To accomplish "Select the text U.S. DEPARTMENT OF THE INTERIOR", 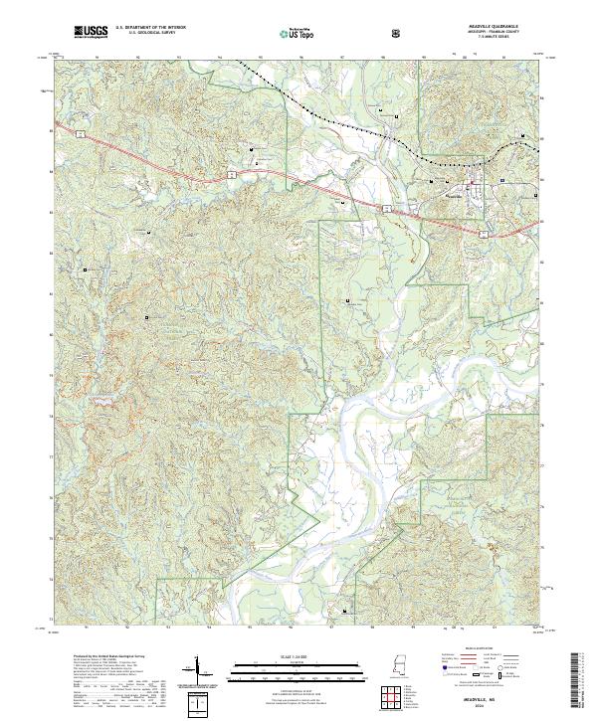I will (x=151, y=28).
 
